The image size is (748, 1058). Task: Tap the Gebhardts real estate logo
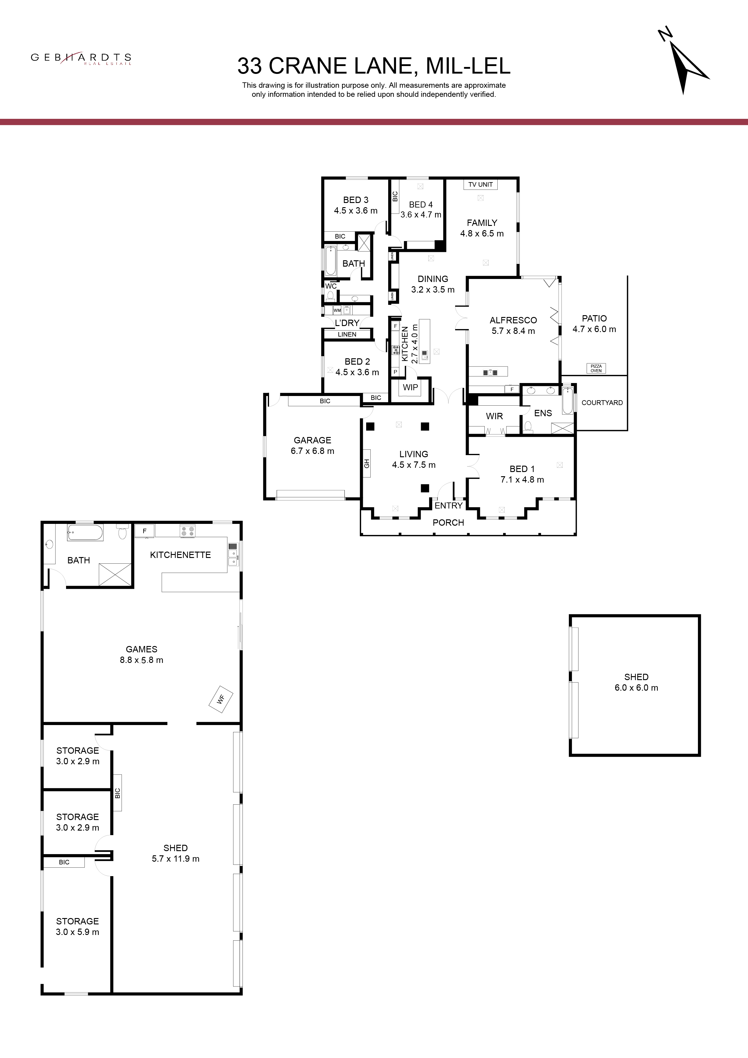[81, 59]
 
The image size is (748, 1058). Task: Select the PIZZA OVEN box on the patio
[596, 368]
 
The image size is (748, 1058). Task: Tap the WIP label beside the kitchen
[410, 388]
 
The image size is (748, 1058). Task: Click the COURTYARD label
[602, 402]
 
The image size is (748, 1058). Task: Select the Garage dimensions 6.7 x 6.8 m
[312, 451]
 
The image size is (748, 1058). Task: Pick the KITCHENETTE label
[180, 555]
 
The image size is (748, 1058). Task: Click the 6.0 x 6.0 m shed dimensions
[636, 688]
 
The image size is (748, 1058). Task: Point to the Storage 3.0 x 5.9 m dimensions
[78, 932]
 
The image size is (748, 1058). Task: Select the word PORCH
[448, 523]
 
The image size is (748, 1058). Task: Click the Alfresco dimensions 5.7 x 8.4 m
[513, 331]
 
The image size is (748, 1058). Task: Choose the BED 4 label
[421, 204]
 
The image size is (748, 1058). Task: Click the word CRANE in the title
[307, 66]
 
